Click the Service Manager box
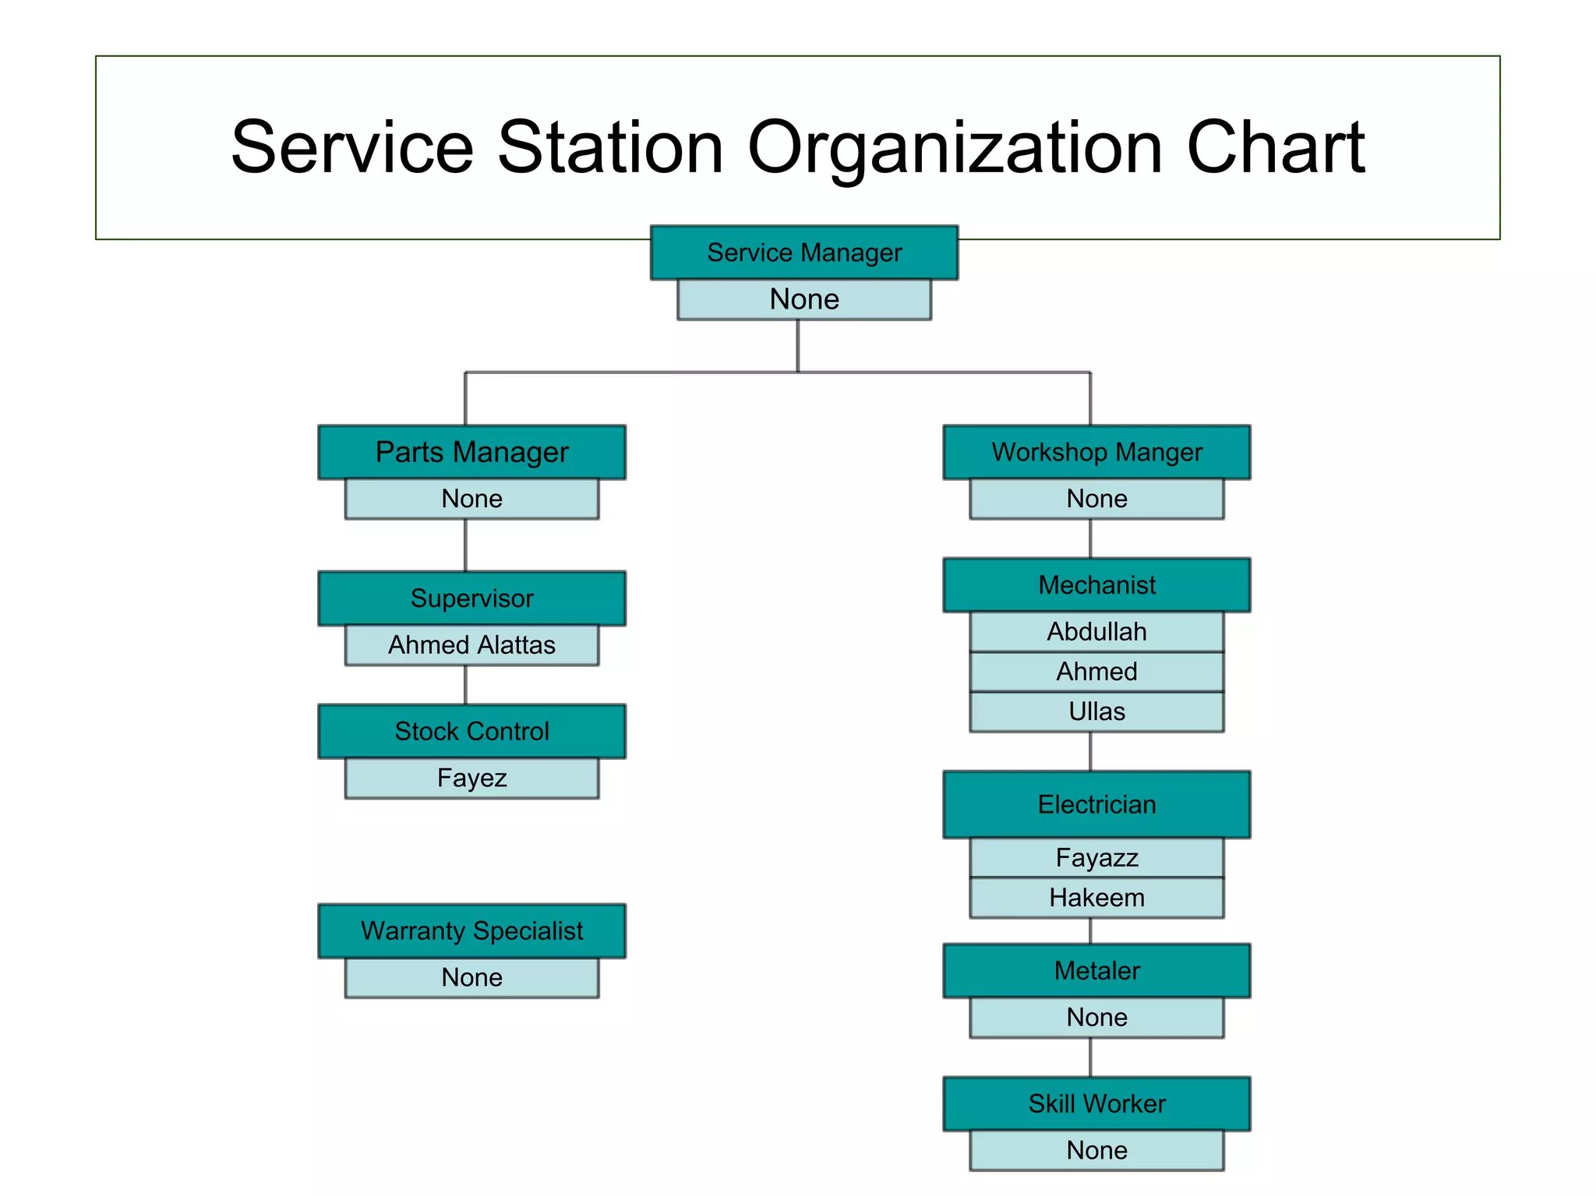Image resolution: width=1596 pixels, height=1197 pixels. [x=803, y=252]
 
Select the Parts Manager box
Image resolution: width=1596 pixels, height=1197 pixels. [x=471, y=452]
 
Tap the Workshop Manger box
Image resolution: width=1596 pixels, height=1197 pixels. [x=1096, y=452]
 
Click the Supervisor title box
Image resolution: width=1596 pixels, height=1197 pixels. [x=471, y=598]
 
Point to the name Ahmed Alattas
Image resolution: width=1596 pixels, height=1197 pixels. [x=471, y=645]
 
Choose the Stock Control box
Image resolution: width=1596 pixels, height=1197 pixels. [x=471, y=731]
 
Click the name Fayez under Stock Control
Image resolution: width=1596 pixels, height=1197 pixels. [x=471, y=778]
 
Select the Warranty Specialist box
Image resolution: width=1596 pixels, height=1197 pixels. [x=471, y=930]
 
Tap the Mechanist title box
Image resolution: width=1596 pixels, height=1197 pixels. [x=1096, y=584]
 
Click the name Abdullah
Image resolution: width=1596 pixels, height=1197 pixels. [x=1096, y=631]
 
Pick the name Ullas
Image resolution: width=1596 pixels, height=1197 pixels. [x=1096, y=711]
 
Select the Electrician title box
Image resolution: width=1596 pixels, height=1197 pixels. [x=1096, y=804]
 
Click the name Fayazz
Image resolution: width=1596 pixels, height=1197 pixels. [x=1096, y=857]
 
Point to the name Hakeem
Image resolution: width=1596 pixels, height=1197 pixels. [x=1096, y=898]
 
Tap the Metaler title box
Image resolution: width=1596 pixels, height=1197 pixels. [x=1096, y=970]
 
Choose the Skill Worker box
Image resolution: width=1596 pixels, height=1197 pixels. [x=1096, y=1103]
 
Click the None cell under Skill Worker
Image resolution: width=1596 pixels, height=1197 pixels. [x=1096, y=1150]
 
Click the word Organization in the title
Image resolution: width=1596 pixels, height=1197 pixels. [x=955, y=148]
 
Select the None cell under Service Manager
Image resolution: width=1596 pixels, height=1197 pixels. [x=803, y=299]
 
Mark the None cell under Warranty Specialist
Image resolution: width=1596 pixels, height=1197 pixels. [x=471, y=977]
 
